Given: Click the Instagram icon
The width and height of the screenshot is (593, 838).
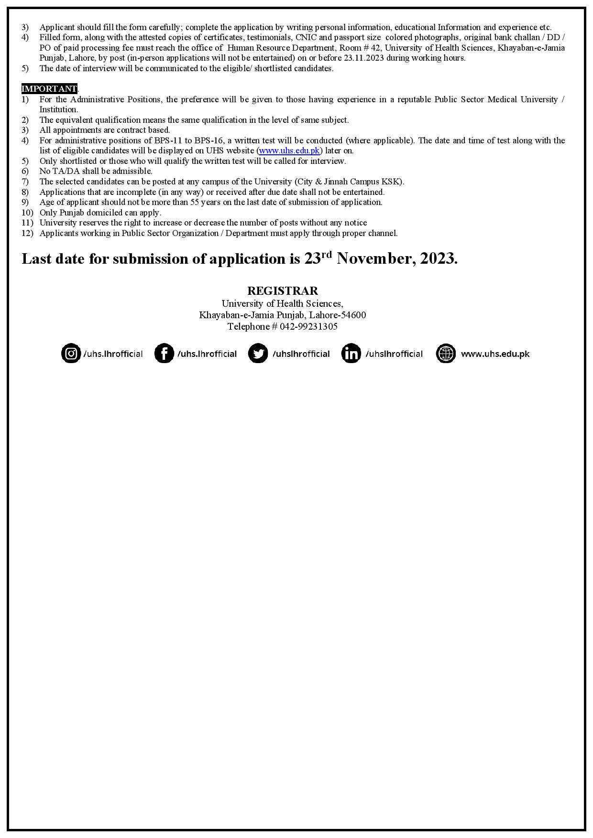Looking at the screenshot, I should [71, 354].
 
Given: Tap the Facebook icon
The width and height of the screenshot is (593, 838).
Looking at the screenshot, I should [164, 354].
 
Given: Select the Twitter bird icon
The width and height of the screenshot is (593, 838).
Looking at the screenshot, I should [258, 354].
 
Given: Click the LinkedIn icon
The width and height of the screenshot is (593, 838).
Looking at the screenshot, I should [351, 354].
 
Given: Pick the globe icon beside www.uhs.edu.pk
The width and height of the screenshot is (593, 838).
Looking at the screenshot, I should [446, 354].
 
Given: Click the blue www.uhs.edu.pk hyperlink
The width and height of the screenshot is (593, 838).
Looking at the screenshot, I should [289, 151].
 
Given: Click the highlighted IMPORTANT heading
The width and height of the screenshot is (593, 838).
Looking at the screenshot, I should [49, 89].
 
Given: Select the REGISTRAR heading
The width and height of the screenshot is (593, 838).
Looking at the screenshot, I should [282, 291].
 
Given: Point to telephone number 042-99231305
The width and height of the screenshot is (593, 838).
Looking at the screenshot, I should [308, 327].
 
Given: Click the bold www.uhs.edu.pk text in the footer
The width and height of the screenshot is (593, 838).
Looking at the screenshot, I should [495, 354].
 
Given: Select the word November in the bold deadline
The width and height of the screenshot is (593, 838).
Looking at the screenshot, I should [374, 259].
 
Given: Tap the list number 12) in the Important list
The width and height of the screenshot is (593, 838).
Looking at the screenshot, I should [27, 233].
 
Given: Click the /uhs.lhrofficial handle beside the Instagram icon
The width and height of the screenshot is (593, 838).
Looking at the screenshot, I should [113, 354].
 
